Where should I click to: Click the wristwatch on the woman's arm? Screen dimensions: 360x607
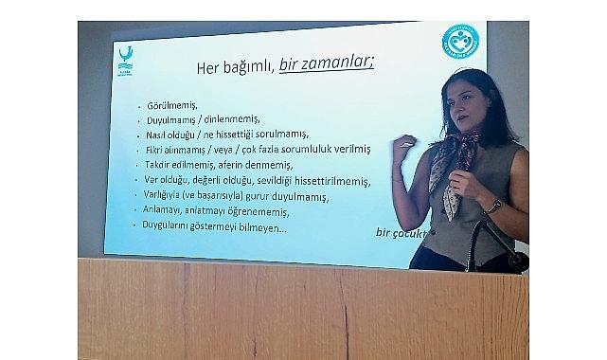click(493, 206)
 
